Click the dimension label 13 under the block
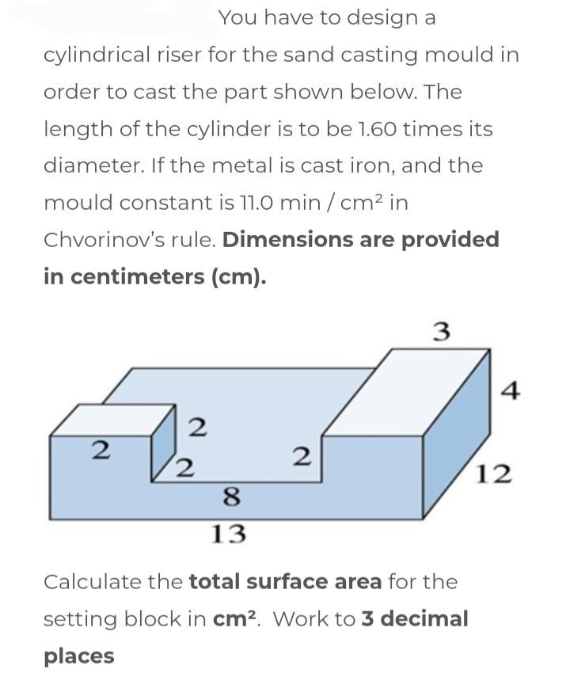click(229, 534)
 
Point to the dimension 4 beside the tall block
click(511, 390)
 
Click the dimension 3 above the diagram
click(443, 332)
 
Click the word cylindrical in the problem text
click(96, 55)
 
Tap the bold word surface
click(290, 582)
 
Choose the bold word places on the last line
click(79, 656)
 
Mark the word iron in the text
click(397, 166)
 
